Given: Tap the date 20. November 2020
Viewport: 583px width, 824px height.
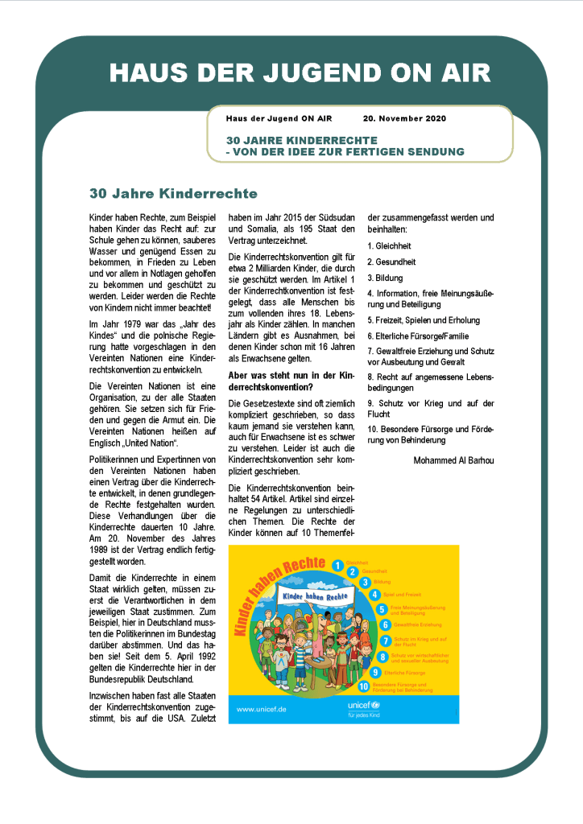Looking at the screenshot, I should tap(403, 118).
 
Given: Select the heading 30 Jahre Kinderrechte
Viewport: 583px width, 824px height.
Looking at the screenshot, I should tap(173, 194).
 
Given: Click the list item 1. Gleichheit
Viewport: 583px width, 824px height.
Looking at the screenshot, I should tap(390, 245).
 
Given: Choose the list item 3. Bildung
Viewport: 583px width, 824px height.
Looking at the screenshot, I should tap(386, 278).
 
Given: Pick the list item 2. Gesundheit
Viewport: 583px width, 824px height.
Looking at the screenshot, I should tap(391, 262).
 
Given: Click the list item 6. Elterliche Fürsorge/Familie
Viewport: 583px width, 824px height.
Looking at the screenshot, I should tap(418, 336).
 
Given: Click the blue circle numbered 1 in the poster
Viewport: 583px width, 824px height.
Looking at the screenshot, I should tap(340, 565).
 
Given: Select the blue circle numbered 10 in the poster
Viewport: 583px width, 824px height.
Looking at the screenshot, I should tap(364, 686).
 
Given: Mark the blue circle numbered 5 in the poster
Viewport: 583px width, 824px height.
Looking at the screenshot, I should tap(382, 609).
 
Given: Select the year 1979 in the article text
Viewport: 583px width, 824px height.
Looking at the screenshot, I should tap(122, 323).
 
